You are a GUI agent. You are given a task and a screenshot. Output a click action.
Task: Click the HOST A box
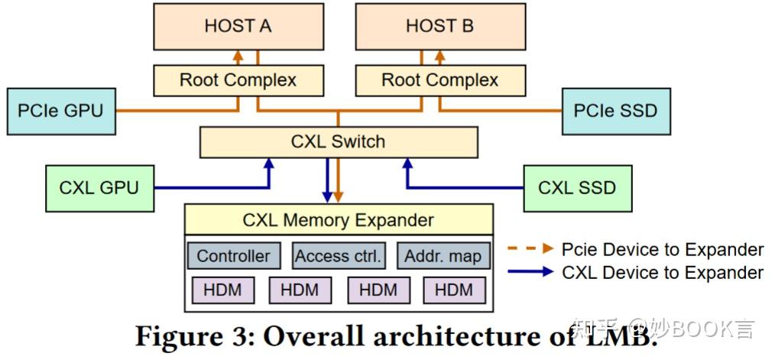(238, 26)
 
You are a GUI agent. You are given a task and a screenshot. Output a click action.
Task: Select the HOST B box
(439, 26)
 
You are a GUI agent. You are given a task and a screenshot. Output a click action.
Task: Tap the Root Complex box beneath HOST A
(238, 79)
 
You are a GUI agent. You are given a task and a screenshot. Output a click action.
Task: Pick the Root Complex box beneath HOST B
(439, 79)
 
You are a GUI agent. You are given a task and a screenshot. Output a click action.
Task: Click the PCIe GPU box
(60, 111)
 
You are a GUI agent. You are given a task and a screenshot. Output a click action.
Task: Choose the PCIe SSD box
(615, 111)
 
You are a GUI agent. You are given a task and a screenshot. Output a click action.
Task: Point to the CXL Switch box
(338, 142)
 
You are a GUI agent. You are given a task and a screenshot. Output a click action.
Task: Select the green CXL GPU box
(99, 188)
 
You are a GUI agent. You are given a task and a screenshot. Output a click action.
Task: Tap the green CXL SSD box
(577, 188)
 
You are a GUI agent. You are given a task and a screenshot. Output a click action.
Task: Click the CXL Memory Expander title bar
(338, 220)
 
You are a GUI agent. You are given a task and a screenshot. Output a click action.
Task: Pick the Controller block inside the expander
(234, 256)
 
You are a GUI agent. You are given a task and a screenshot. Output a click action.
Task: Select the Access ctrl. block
(338, 256)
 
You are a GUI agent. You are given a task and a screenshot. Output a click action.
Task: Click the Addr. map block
(443, 256)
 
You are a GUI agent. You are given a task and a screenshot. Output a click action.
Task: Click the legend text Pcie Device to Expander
(662, 249)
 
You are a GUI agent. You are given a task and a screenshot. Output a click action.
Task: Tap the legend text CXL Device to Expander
(662, 272)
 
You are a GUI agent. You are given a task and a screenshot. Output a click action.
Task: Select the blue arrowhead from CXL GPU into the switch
(268, 164)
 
